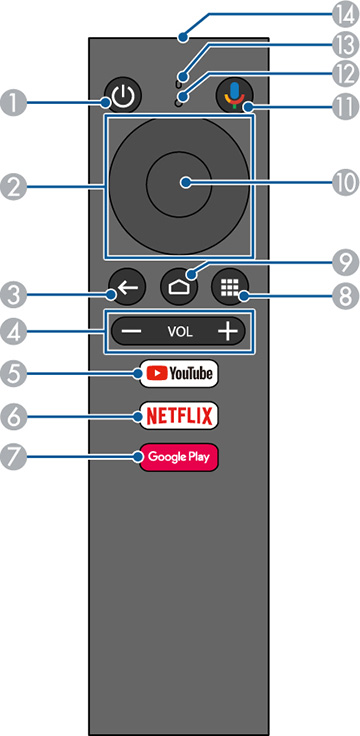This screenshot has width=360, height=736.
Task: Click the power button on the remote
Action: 121,98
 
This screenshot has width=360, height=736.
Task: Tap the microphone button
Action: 234,95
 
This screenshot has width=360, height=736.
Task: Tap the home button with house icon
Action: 179,285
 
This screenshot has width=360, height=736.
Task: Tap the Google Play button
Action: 177,457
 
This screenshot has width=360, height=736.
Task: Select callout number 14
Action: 344,16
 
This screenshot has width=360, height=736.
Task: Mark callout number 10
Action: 343,183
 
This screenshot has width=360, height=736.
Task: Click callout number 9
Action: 343,263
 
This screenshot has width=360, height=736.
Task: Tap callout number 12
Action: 343,73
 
